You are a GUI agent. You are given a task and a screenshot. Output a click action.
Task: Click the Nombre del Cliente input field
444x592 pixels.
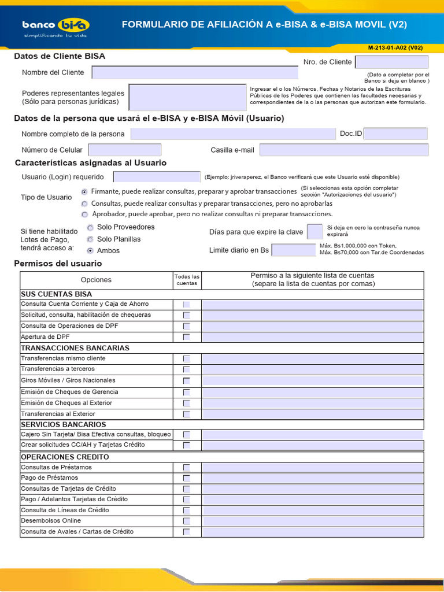(195, 73)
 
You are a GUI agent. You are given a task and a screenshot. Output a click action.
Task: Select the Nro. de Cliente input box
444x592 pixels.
(391, 62)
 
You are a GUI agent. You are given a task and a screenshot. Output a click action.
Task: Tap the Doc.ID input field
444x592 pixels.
(395, 134)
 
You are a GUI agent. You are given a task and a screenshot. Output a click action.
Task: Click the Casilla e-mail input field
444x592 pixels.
(344, 150)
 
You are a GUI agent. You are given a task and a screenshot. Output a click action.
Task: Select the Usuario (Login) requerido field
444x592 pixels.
(157, 177)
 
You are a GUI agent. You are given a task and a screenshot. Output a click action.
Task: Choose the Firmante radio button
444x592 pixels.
(85, 191)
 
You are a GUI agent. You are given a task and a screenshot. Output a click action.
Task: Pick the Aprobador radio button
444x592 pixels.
(85, 214)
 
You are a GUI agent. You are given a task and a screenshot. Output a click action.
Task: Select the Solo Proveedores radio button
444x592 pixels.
(90, 228)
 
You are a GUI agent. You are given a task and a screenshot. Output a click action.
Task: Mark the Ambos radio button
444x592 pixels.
(90, 251)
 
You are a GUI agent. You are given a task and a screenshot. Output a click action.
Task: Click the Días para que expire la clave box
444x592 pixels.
(314, 232)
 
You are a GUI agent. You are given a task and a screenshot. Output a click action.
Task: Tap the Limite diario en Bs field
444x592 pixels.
(293, 250)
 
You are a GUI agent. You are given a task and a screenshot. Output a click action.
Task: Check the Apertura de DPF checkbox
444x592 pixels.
(186, 337)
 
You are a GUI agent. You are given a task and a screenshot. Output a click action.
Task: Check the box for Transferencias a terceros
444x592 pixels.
(186, 369)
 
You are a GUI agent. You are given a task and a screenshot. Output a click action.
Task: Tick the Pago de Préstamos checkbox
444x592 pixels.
(186, 478)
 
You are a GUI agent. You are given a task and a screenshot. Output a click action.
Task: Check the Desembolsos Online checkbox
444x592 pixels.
(186, 521)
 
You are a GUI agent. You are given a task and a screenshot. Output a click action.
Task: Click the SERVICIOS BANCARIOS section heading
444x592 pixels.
(64, 424)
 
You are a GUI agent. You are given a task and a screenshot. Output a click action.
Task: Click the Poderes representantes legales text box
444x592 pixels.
(188, 97)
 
